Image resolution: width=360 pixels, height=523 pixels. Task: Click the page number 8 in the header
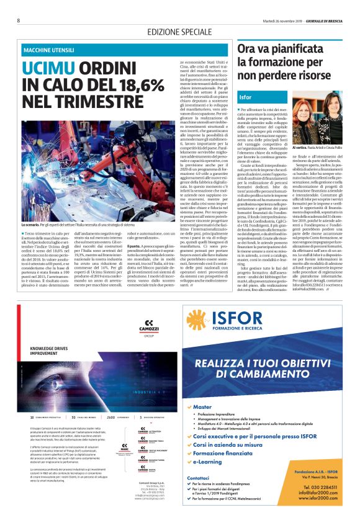point(19,20)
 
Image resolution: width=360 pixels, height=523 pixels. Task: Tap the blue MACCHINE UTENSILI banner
point(125,49)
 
